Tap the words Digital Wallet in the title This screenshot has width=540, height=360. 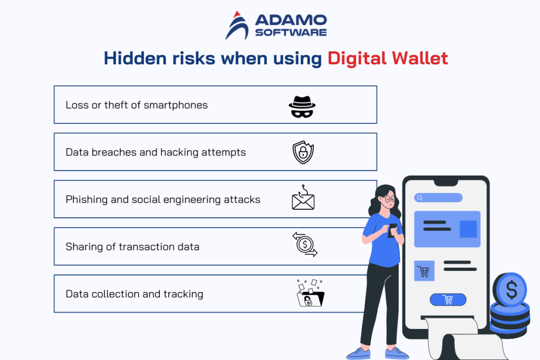pos(388,59)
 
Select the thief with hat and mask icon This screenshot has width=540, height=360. pos(302,106)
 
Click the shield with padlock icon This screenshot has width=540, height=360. pos(303,152)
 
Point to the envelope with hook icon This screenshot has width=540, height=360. pos(303,198)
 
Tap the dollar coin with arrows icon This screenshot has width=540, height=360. pos(304,245)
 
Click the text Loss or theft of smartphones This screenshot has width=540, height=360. pos(137,105)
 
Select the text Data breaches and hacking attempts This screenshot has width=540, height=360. pos(156,152)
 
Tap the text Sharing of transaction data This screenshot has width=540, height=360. pos(132,247)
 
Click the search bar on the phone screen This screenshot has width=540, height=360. pos(439,198)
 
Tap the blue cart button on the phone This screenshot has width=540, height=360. pos(448,299)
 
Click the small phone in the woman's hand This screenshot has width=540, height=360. pos(392,230)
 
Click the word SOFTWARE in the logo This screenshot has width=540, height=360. pos(291,32)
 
